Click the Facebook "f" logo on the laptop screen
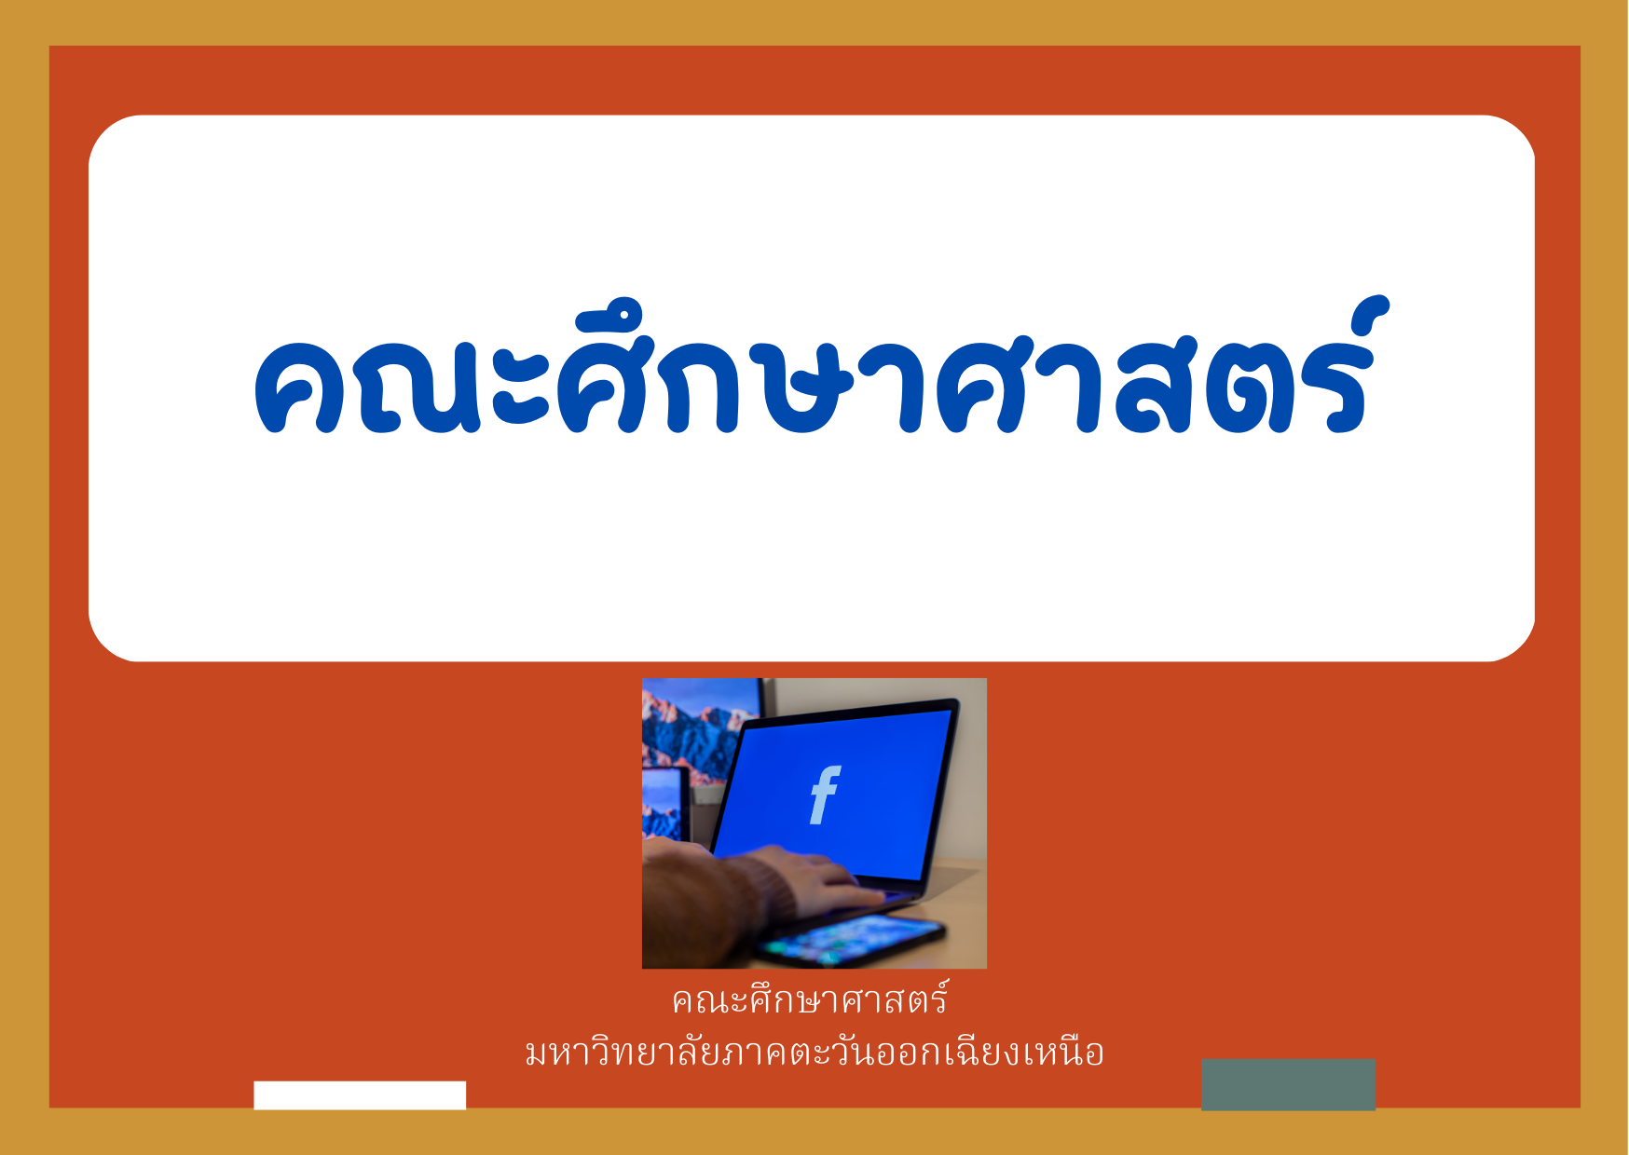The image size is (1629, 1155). (x=825, y=795)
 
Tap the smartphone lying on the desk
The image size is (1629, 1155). (x=848, y=939)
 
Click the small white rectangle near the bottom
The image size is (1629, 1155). (x=360, y=1095)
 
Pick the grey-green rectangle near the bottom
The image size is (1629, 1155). (x=1288, y=1084)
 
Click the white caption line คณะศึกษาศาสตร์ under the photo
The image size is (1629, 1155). (x=810, y=1000)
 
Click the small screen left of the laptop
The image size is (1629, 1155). (x=665, y=803)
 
